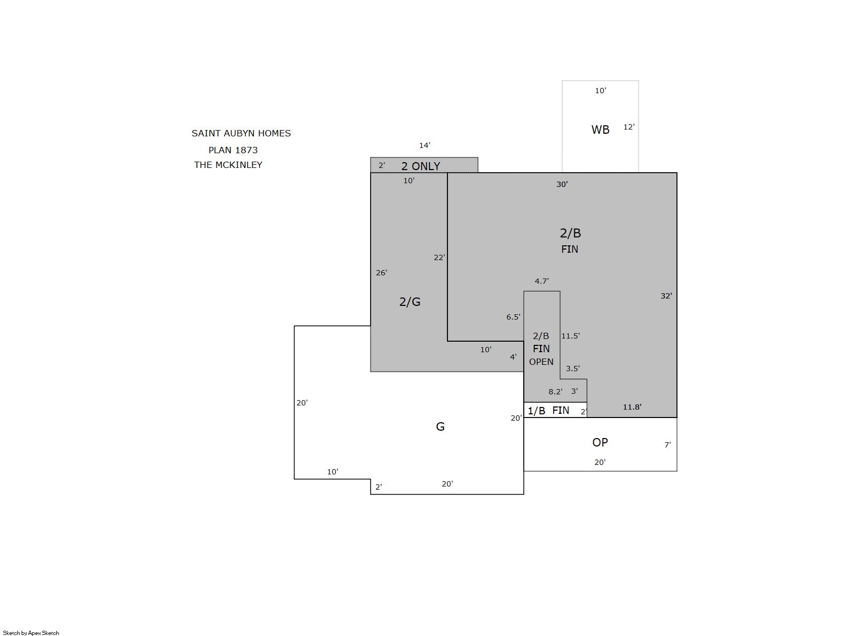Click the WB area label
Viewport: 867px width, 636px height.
pos(600,130)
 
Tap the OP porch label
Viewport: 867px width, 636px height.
pos(600,442)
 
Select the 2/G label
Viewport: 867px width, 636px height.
pos(410,302)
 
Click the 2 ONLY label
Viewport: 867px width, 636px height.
pos(421,166)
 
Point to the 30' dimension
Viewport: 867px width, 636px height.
pos(562,184)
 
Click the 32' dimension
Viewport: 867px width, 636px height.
pos(666,296)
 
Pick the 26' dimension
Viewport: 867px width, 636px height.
pos(381,273)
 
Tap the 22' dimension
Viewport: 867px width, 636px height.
pos(440,257)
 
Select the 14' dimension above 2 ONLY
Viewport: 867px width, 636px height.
pos(425,145)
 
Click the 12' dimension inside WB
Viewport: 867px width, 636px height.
pos(629,126)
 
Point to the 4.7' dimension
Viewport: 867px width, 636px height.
pos(542,281)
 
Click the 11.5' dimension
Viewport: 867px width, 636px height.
pos(571,335)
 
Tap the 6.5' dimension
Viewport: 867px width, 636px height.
pos(513,316)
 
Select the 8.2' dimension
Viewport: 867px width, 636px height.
pos(555,391)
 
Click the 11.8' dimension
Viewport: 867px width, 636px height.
pos(632,406)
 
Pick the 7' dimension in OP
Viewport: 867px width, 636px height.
pos(667,445)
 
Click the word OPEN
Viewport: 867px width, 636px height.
pos(541,362)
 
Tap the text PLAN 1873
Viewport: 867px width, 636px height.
pos(233,150)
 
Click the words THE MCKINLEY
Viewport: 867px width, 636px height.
pos(228,164)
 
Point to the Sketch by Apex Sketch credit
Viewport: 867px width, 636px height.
pos(31,633)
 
